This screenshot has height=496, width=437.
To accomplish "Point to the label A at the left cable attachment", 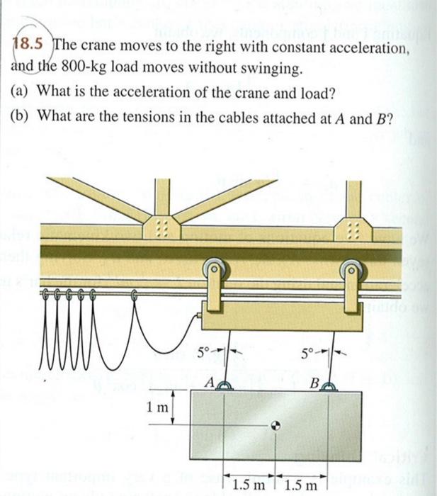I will point(210,382).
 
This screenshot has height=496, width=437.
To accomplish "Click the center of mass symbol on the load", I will point(276,425).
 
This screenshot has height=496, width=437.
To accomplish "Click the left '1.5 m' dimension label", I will point(250,485).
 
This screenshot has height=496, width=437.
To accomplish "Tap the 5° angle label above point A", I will point(203,350).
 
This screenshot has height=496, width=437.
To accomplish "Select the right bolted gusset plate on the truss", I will point(348,228).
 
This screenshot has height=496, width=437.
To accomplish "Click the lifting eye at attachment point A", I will point(225,385).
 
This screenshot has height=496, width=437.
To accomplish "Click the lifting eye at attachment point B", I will point(328,385).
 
